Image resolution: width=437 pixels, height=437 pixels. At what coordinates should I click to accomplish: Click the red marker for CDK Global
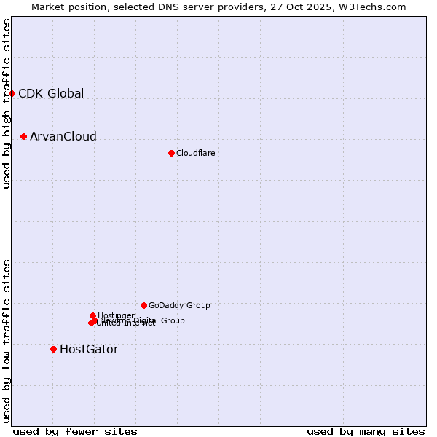12,93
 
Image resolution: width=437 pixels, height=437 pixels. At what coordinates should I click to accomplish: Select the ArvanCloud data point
24,136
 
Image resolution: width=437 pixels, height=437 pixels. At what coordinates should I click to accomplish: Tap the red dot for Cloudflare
171,153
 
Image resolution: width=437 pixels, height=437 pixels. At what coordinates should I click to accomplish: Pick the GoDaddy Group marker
143,305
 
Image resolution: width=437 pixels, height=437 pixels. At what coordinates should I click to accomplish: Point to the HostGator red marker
53,349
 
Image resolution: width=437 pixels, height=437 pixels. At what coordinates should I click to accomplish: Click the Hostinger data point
92,315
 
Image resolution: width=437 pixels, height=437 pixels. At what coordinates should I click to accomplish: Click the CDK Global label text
51,93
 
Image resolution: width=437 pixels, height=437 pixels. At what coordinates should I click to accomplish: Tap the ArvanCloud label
63,137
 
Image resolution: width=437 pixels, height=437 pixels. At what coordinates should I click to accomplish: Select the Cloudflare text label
195,153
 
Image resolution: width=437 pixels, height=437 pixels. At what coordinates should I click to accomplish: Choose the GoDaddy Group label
178,305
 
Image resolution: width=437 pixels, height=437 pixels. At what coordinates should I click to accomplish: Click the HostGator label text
89,350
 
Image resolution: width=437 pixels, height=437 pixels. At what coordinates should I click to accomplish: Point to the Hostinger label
116,315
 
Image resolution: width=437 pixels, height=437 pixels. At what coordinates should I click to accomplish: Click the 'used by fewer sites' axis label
75,432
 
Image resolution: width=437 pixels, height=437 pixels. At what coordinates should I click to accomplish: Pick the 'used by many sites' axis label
366,432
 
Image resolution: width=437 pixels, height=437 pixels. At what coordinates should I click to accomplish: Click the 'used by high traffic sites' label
7,103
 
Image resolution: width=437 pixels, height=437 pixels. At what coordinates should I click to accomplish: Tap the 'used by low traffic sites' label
7,341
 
